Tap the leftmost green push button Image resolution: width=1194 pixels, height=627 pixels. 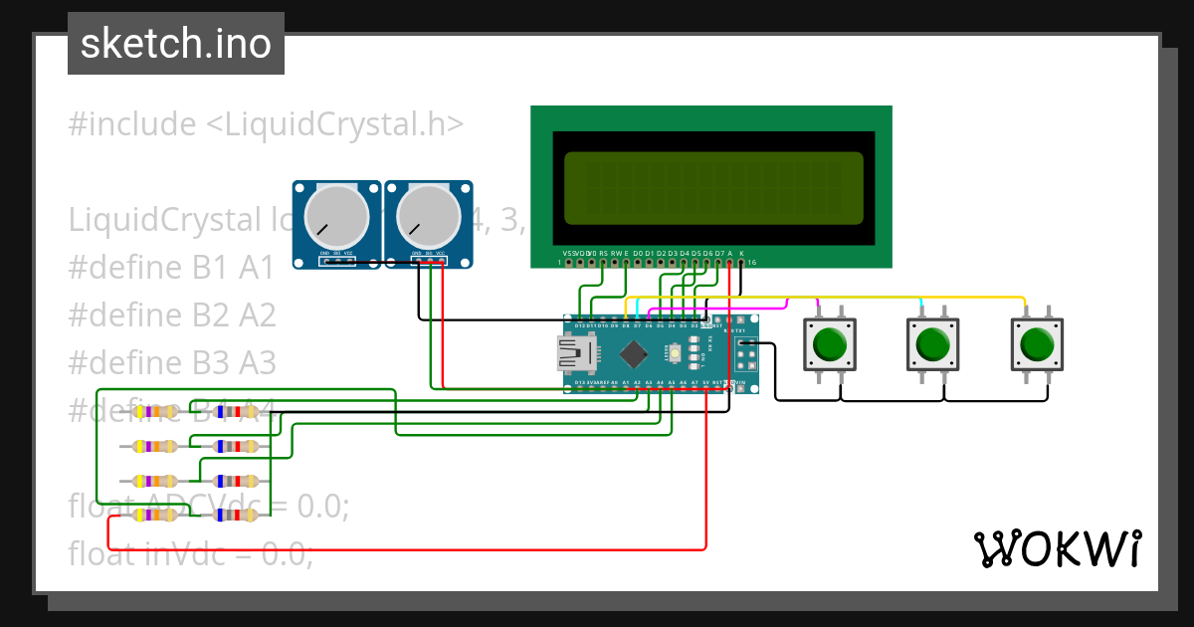829,344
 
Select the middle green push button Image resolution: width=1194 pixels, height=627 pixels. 932,344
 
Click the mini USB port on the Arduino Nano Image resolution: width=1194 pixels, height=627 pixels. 575,353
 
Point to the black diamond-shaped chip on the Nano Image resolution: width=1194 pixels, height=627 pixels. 634,353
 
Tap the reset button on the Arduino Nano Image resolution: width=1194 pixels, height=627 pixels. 676,352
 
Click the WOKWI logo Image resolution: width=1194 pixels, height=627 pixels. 1057,548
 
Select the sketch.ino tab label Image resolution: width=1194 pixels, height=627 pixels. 176,44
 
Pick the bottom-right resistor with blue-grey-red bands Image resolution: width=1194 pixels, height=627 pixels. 238,515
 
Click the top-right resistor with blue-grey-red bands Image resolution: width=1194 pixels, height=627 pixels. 238,411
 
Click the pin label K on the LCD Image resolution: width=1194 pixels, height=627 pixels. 741,254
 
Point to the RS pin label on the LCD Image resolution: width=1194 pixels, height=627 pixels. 603,254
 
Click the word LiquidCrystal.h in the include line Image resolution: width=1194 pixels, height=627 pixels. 334,124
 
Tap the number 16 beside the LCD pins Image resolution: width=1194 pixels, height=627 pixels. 751,263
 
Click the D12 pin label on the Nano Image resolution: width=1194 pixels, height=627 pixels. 580,325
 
